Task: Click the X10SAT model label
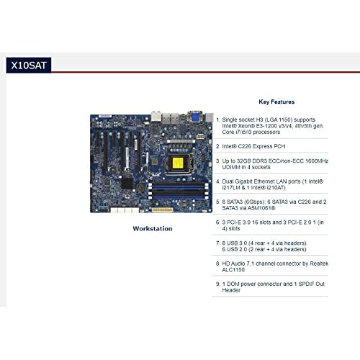pyautogui.click(x=29, y=66)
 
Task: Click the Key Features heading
pyautogui.click(x=276, y=102)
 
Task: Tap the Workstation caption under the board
pyautogui.click(x=153, y=228)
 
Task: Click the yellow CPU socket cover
pyautogui.click(x=178, y=163)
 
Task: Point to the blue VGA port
pyautogui.click(x=195, y=117)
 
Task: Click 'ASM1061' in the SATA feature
pyautogui.click(x=258, y=208)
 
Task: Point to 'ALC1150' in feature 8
pyautogui.click(x=233, y=270)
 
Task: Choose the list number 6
pyautogui.click(x=217, y=222)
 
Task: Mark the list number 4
pyautogui.click(x=217, y=181)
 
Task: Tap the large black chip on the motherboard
pyautogui.click(x=127, y=183)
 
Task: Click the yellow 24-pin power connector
pyautogui.click(x=163, y=210)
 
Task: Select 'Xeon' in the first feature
pyautogui.click(x=245, y=126)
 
